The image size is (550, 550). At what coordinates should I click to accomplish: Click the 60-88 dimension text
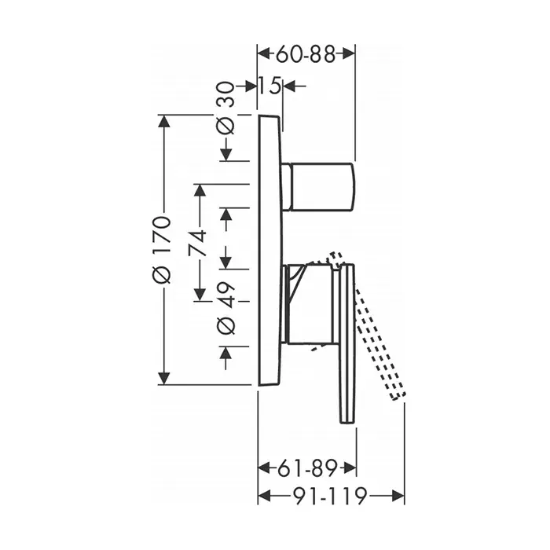click(306, 54)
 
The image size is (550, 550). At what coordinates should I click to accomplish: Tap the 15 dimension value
click(269, 85)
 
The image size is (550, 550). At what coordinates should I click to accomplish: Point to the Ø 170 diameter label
click(161, 250)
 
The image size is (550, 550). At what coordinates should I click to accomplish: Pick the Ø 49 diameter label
click(225, 308)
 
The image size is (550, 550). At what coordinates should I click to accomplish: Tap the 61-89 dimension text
click(307, 467)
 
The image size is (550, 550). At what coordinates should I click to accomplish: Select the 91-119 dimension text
click(330, 496)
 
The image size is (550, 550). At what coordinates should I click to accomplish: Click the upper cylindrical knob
click(318, 187)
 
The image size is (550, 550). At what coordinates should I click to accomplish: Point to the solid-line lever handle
click(346, 344)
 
